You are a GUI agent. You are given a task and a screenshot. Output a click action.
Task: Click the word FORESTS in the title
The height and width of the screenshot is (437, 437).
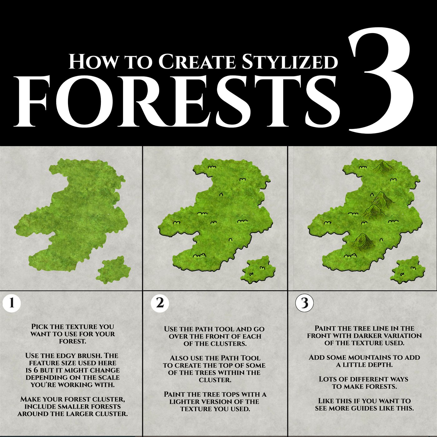click(x=177, y=101)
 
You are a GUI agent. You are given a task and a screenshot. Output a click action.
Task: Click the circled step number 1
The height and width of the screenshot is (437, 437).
click(x=12, y=304)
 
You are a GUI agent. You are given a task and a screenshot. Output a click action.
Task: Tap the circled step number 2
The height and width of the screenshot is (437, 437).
click(x=160, y=303)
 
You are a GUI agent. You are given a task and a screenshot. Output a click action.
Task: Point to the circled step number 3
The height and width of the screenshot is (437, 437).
click(x=304, y=303)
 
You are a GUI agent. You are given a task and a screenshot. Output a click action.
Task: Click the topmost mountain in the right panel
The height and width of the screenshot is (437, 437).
click(x=384, y=167)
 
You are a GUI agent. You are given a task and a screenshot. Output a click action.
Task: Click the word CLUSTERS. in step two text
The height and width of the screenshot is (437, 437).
click(x=227, y=343)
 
